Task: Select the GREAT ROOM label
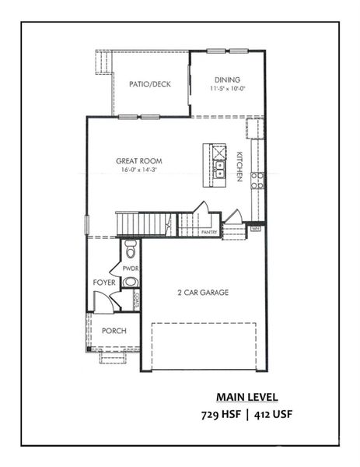coord(140,161)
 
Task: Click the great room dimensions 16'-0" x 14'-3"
coord(140,170)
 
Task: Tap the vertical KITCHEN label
coord(240,167)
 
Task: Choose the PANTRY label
coord(208,232)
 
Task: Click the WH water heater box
coord(255,229)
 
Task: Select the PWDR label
coord(130,268)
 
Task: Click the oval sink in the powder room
coord(131,283)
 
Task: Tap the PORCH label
coord(114,331)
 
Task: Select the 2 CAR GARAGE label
coord(201,293)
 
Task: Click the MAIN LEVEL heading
coord(246,396)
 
